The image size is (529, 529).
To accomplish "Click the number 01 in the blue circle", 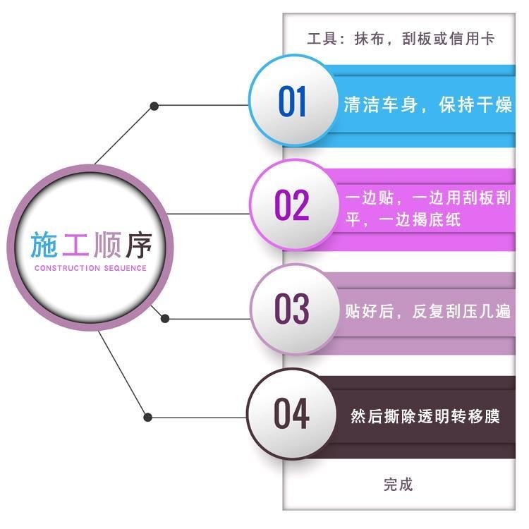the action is (293, 102).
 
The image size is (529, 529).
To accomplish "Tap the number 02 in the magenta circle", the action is (292, 205).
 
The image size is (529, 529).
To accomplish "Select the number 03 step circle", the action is (292, 309).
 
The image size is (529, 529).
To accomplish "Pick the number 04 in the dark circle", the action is (292, 414).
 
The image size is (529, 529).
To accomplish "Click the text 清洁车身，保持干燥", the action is (428, 106).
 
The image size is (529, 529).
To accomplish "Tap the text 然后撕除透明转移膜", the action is (425, 415).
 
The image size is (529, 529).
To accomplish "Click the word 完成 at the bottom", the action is (399, 484).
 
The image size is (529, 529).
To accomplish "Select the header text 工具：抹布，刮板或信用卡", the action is (400, 38).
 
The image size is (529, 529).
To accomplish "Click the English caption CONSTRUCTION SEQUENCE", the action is (90, 268).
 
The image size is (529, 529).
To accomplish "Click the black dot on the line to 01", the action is (154, 107).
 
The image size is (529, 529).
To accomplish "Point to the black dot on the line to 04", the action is (147, 417).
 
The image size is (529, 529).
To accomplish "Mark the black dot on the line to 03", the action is (165, 318).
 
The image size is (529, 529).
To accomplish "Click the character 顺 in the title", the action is (106, 244).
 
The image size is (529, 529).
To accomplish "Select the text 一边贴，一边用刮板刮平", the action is (428, 197).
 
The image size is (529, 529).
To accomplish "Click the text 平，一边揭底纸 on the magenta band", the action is (403, 219).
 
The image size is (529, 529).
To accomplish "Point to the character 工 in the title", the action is (75, 244).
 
